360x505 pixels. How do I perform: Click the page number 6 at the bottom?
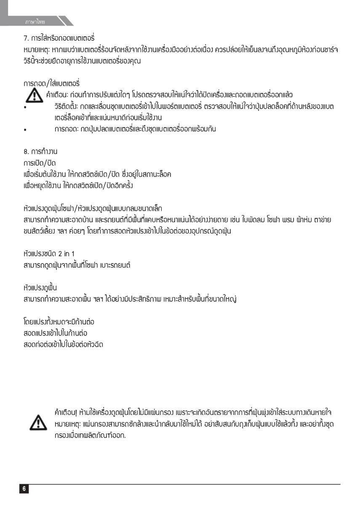tap(24, 489)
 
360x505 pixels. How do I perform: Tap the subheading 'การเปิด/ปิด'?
tap(40, 162)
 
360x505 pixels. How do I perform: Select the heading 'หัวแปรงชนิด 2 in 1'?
tap(49, 254)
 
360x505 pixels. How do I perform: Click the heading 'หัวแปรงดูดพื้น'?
tap(40, 288)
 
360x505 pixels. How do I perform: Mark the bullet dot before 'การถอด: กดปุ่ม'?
tap(26, 130)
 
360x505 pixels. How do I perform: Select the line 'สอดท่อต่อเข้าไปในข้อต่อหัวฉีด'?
tap(64, 345)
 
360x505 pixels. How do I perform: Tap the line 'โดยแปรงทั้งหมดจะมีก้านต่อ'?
tap(59, 322)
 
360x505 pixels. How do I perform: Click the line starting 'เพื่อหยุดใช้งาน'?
tap(79, 186)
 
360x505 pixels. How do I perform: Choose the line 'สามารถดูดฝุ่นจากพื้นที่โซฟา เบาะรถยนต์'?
tap(77, 265)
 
